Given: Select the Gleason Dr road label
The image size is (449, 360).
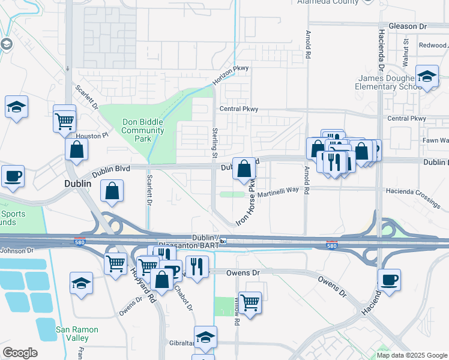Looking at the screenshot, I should coord(407,27).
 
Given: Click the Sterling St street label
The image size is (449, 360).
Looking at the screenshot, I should coord(215,142).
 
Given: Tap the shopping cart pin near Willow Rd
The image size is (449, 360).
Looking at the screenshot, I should coord(249,302).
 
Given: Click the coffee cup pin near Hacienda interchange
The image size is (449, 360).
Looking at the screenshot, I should coord(389,279).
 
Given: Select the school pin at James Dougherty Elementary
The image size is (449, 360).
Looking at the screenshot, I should coord(426,77).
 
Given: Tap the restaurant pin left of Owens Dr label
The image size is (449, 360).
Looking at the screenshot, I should coord(197,265).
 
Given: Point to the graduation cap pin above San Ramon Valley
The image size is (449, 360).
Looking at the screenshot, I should coord(81,283).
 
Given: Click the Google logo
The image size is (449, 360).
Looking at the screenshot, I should coord(20,353).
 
